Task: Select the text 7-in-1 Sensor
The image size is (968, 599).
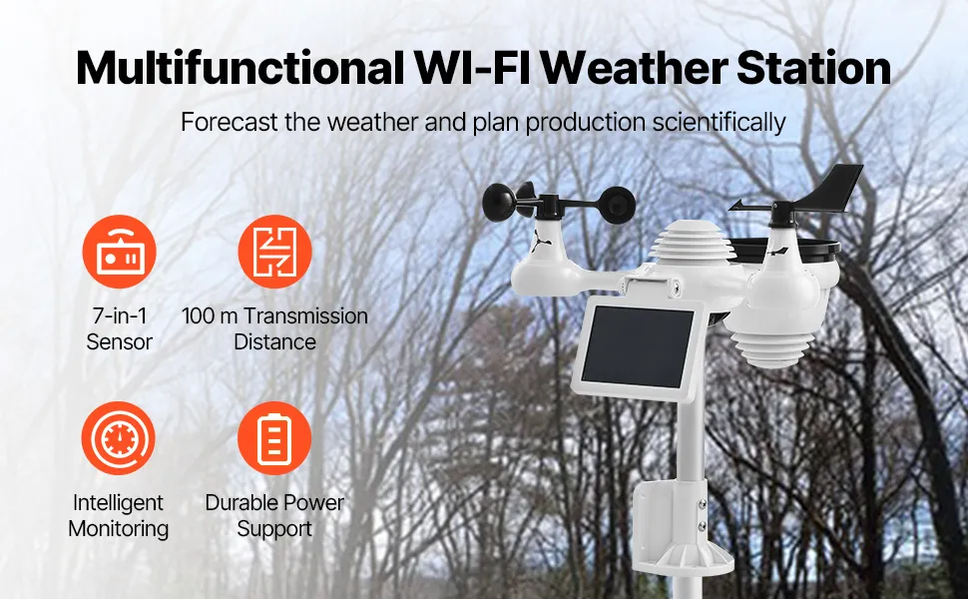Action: pyautogui.click(x=119, y=328)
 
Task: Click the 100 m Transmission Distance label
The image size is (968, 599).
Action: pyautogui.click(x=274, y=328)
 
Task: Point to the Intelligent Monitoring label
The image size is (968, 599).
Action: pyautogui.click(x=119, y=515)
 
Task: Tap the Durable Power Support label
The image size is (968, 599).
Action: pyautogui.click(x=274, y=515)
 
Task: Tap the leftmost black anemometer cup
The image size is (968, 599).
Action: pyautogui.click(x=499, y=204)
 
